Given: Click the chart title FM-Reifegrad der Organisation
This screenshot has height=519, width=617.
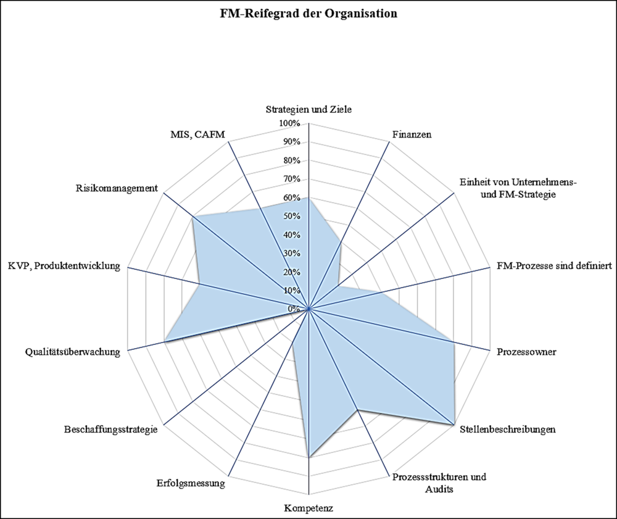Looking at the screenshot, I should click(308, 13).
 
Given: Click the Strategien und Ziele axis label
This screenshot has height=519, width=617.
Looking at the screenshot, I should click(308, 110).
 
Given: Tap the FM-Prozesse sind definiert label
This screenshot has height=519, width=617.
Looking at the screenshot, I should click(554, 267).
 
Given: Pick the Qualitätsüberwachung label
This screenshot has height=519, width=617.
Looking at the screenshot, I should click(73, 352).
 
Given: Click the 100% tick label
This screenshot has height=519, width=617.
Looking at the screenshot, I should click(289, 124).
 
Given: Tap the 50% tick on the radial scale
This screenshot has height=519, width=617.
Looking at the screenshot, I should click(291, 217).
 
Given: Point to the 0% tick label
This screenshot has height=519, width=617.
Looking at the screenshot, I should click(296, 309).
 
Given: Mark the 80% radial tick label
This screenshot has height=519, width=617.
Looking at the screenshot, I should click(291, 161).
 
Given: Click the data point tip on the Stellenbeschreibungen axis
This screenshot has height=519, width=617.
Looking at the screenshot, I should click(455, 425).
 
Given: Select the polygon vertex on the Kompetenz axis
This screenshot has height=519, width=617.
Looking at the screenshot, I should click(308, 457).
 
